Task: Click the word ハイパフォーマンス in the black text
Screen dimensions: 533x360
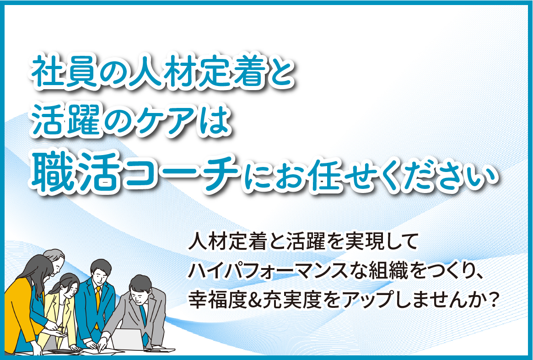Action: pyautogui.click(x=269, y=271)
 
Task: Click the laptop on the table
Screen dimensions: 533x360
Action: pyautogui.click(x=127, y=339)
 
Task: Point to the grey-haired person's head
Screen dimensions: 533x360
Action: pyautogui.click(x=55, y=261)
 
